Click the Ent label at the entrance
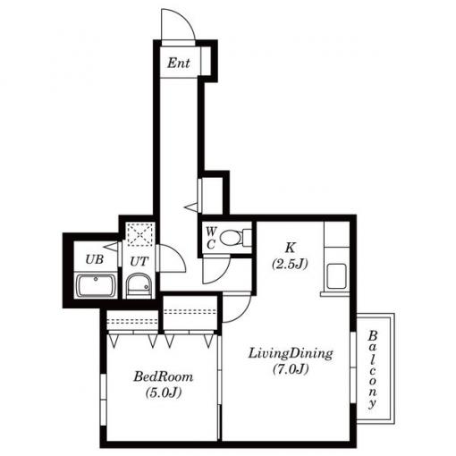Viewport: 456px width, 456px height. point(178,63)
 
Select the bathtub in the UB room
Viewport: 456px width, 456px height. point(96,285)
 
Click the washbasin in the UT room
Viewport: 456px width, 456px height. point(139,285)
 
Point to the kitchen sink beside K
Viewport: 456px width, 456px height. point(336,276)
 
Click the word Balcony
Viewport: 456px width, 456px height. point(372,369)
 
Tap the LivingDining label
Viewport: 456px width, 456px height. point(291,354)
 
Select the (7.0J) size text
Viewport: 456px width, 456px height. point(291,369)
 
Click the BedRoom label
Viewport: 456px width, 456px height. point(163,376)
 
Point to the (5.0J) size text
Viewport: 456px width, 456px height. point(164,393)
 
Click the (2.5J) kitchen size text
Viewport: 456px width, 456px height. point(290,264)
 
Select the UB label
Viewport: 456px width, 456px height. point(95,259)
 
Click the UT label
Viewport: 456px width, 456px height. point(139,262)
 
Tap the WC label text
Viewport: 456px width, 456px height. point(211,238)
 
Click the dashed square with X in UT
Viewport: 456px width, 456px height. point(140,234)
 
